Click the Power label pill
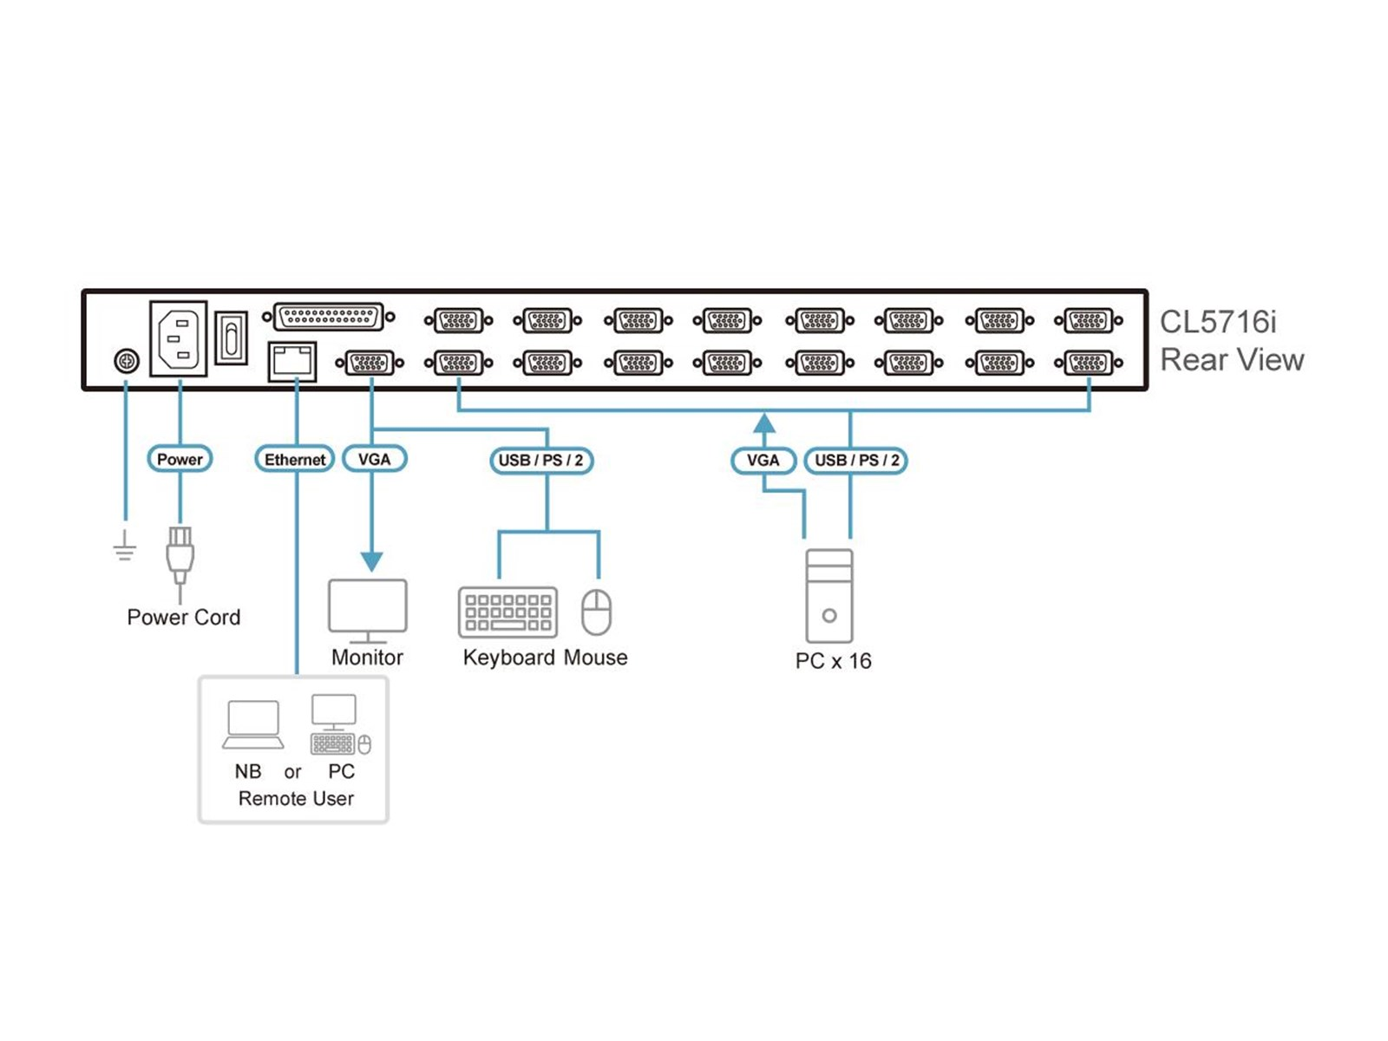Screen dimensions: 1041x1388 [x=180, y=459]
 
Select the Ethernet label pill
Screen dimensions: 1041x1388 [x=295, y=459]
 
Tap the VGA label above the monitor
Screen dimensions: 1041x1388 [x=374, y=459]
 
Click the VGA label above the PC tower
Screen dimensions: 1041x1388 [x=763, y=460]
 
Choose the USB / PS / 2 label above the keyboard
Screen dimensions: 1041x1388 [x=541, y=460]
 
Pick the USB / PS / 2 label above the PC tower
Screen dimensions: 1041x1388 [x=856, y=460]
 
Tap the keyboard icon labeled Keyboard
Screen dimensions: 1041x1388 [x=507, y=612]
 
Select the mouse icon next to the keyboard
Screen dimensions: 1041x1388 [x=597, y=612]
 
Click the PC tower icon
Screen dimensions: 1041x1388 [x=829, y=596]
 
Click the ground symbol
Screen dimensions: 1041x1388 [x=125, y=547]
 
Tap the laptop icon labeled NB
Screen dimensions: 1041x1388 [x=252, y=725]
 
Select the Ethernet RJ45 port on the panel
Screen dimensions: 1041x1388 [x=292, y=361]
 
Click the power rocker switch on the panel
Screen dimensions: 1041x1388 [x=231, y=337]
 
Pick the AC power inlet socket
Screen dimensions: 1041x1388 [x=179, y=338]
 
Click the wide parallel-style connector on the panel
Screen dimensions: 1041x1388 [x=329, y=318]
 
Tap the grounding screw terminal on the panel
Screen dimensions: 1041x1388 [x=127, y=360]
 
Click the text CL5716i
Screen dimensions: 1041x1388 [x=1218, y=322]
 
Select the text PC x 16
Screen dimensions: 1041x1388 [x=833, y=661]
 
